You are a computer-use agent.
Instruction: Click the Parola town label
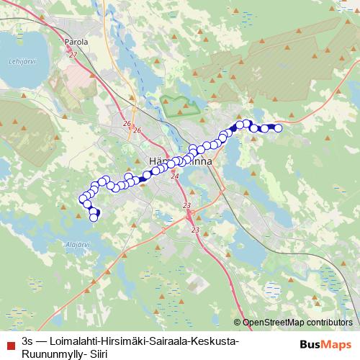coord(76,42)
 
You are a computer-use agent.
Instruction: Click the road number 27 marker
coord(73,55)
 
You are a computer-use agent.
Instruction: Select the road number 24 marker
coord(174,175)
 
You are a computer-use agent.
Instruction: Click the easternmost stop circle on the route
coord(278,128)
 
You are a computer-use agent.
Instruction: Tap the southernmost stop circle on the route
coord(93,218)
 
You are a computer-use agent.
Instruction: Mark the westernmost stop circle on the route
coord(81,199)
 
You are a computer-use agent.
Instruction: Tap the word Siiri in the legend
coord(94,351)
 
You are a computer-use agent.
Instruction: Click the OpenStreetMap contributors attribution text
coord(297,323)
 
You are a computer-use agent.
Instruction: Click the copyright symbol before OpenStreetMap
coord(238,323)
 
